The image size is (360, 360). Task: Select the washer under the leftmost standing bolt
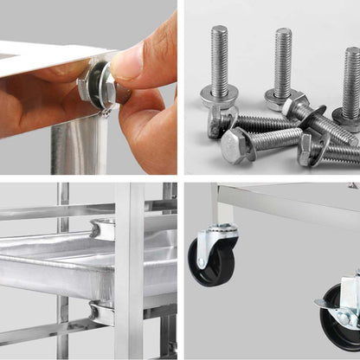tap(219, 95)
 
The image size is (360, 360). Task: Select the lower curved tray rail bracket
tap(101, 313)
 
